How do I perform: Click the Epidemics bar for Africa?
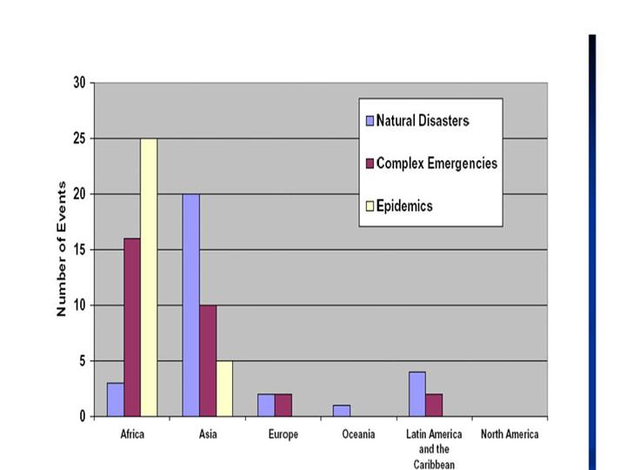pyautogui.click(x=149, y=277)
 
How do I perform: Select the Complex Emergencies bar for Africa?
pyautogui.click(x=132, y=327)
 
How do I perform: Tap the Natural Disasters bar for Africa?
pyautogui.click(x=116, y=399)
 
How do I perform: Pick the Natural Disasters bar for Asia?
pyautogui.click(x=190, y=305)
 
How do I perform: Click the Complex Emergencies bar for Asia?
pyautogui.click(x=208, y=360)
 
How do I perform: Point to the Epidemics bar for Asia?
pyautogui.click(x=224, y=388)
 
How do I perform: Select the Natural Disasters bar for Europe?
pyautogui.click(x=266, y=405)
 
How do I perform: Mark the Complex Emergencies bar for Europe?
pyautogui.click(x=283, y=405)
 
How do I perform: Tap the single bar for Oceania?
pyautogui.click(x=342, y=411)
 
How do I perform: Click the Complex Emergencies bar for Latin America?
pyautogui.click(x=434, y=405)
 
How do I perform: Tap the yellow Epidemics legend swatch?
pyautogui.click(x=370, y=206)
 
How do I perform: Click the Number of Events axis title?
pyautogui.click(x=62, y=249)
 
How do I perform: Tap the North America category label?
pyautogui.click(x=509, y=434)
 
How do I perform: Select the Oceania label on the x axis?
pyautogui.click(x=358, y=434)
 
